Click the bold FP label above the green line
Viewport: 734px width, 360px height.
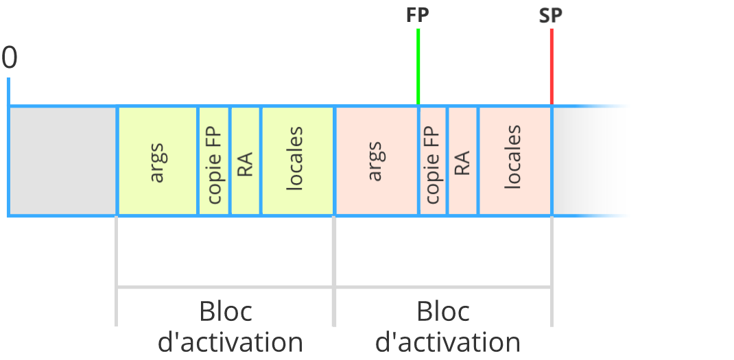[x=418, y=16]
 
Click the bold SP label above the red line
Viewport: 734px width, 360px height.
[x=550, y=16]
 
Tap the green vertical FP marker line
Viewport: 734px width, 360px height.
[x=418, y=67]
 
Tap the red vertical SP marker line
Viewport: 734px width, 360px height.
[x=552, y=67]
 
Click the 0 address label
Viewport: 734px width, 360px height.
[x=10, y=58]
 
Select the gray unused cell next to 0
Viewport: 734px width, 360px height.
[x=63, y=161]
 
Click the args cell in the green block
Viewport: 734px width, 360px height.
[x=158, y=161]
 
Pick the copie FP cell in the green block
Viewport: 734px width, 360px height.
[x=214, y=161]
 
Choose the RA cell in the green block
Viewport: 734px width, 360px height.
[x=245, y=161]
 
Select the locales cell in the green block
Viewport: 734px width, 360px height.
[x=297, y=161]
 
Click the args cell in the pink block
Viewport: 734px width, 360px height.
[x=377, y=161]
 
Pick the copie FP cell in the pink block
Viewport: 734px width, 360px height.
[x=433, y=161]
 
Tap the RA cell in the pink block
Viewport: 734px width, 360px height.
[x=462, y=161]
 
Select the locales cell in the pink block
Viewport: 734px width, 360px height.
[x=515, y=161]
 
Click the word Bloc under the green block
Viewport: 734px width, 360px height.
[x=226, y=312]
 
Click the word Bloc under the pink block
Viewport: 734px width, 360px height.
[x=443, y=312]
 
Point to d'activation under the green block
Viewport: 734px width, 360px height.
[x=230, y=343]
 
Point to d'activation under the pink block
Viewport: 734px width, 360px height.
[x=448, y=343]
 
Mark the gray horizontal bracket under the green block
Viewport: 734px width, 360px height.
[x=225, y=287]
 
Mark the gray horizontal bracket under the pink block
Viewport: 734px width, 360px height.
[x=443, y=287]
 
